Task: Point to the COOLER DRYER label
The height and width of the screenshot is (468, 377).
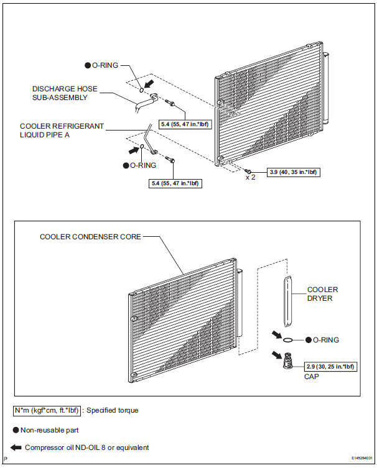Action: click(322, 294)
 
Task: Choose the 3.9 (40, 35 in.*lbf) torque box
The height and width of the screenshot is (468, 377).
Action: click(294, 171)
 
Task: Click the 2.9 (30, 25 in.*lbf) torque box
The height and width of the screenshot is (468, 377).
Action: click(330, 367)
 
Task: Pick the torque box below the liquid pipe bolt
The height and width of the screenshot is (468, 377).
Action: click(177, 183)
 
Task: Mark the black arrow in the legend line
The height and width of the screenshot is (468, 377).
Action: click(16, 447)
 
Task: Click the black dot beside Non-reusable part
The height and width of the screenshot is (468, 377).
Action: click(16, 429)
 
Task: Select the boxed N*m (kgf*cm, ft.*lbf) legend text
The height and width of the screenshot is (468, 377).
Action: click(47, 410)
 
